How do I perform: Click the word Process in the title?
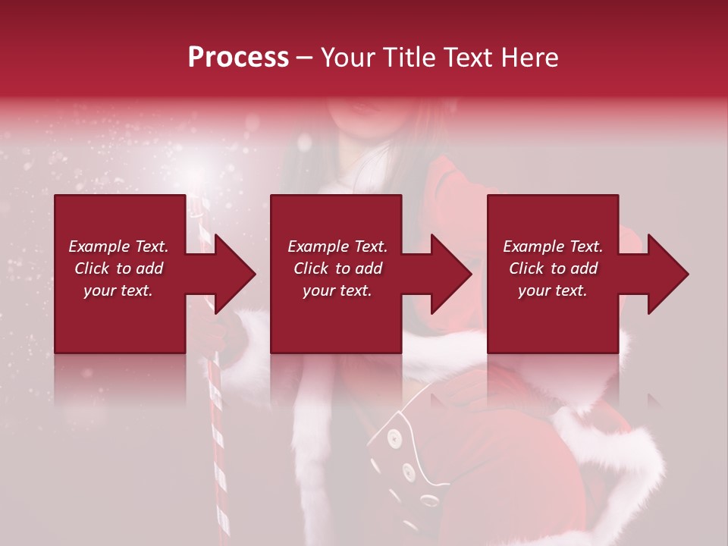pos(238,58)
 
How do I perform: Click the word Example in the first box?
pos(99,246)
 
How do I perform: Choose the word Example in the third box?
pos(533,246)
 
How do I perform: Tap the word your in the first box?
pos(100,290)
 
